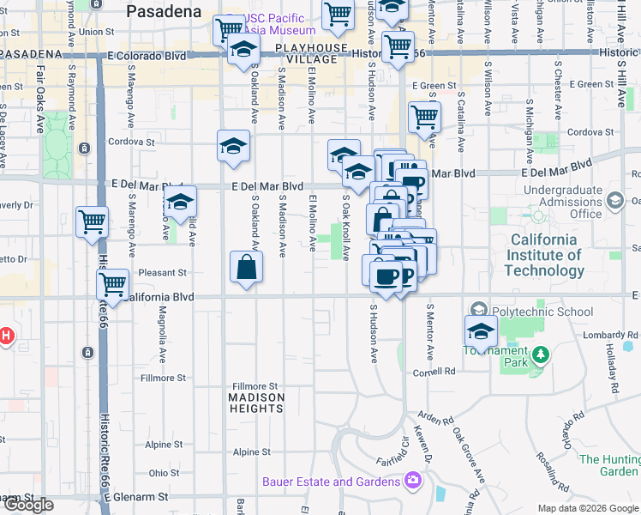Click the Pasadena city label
click(x=164, y=12)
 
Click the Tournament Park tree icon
click(x=540, y=354)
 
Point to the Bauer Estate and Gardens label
click(x=332, y=482)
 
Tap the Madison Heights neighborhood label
click(x=257, y=403)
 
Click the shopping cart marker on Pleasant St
click(x=112, y=284)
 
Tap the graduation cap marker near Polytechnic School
click(x=481, y=330)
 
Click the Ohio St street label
click(x=164, y=473)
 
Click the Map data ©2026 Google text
click(x=587, y=508)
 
